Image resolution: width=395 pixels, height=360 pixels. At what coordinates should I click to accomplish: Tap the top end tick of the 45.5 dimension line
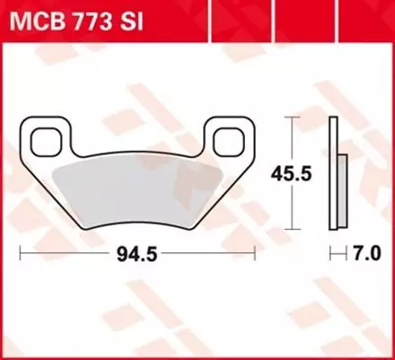pos(294,118)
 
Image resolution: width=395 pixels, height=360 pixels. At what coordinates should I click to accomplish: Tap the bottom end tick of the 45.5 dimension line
pos(294,230)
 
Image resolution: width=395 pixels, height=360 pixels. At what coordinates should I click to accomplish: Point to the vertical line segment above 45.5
pos(294,139)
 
